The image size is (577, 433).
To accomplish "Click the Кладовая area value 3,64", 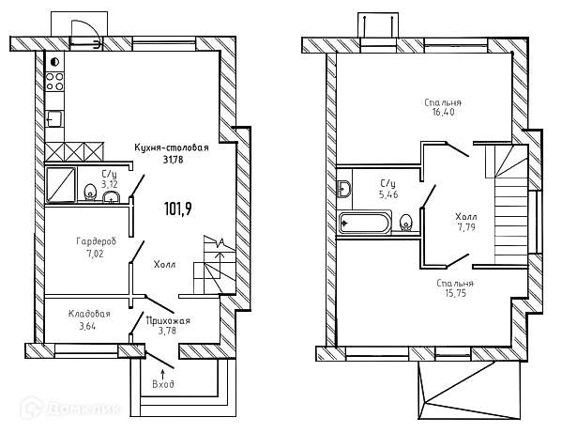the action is point(89,326).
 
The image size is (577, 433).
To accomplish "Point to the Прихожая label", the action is point(168,320).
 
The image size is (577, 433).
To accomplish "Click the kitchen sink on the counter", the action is point(54,118).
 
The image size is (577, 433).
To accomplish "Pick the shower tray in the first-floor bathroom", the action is point(64,184).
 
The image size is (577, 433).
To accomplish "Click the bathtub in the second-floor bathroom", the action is point(364,224).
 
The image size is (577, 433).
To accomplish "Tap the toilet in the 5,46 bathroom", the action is point(406,223).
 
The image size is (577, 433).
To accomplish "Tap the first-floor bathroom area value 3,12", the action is point(110,184).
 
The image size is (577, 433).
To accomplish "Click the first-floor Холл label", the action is point(165,266).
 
